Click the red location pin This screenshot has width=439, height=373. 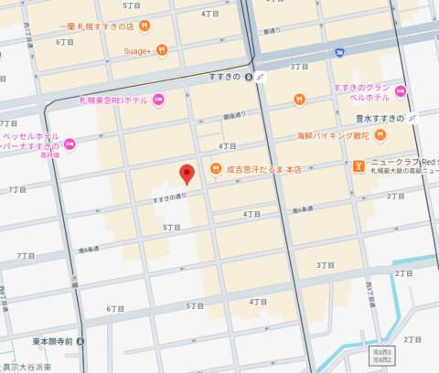click(187, 174)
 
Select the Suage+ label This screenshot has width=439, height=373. click(137, 50)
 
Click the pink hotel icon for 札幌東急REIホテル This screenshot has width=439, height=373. click(158, 99)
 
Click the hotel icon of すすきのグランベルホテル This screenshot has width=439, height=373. click(400, 92)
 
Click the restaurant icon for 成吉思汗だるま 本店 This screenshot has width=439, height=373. click(217, 168)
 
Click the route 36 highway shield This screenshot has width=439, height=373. click(338, 52)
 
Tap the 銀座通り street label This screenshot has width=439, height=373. click(236, 116)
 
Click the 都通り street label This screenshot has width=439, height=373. click(271, 31)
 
